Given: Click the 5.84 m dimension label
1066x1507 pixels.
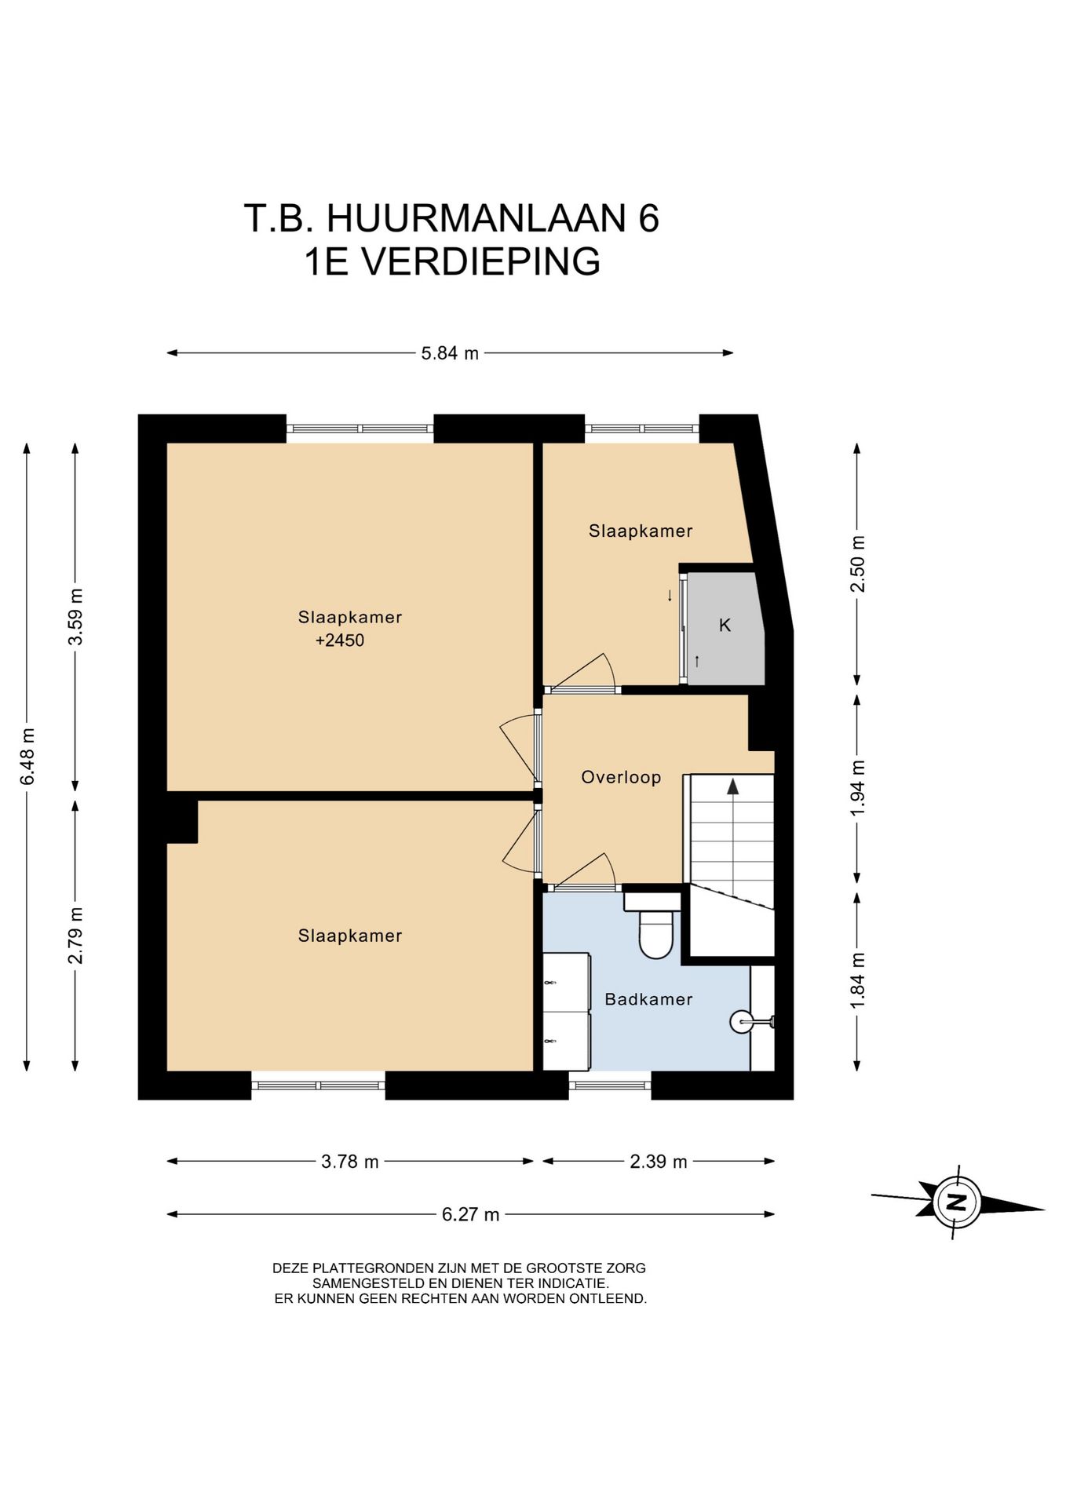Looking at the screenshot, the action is click(450, 353).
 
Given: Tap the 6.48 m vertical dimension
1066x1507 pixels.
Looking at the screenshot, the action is click(28, 756).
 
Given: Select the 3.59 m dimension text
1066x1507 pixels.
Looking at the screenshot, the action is click(76, 616).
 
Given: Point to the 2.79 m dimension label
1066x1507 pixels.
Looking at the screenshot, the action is click(76, 936).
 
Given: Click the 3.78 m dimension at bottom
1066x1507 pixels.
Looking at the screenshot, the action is click(350, 1162).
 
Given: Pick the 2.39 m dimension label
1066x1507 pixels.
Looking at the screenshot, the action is click(659, 1162).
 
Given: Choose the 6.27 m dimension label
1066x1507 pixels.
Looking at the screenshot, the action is click(471, 1215).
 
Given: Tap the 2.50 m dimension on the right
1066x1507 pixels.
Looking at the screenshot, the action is click(858, 564).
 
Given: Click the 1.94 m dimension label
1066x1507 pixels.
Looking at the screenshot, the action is click(858, 787).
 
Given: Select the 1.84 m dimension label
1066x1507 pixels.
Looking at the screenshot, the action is click(858, 980).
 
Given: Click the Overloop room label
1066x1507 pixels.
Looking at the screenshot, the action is click(621, 778).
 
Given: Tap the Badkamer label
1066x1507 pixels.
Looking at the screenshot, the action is click(648, 999).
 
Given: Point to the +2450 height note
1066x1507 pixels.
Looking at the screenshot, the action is click(340, 640).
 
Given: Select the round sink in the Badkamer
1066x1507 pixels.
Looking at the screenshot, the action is click(742, 1021).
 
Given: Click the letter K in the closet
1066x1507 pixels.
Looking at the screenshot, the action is click(725, 626).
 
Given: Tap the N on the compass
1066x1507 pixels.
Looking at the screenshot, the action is click(957, 1202).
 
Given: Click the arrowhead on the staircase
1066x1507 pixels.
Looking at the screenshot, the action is click(733, 786).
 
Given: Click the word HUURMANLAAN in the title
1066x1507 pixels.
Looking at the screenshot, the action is click(476, 217).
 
